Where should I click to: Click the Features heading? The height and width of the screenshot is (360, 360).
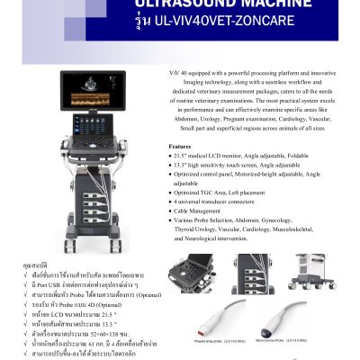click(x=180, y=145)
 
